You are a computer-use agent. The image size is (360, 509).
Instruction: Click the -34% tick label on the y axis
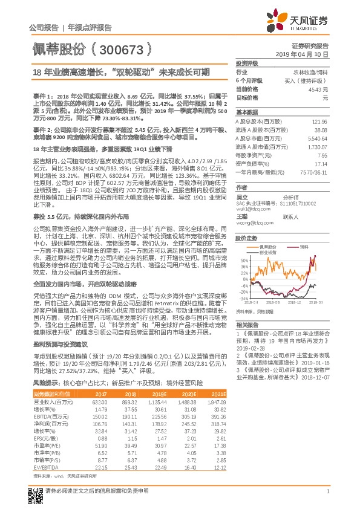point(243,298)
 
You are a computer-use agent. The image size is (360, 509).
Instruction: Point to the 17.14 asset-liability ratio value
point(321,163)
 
